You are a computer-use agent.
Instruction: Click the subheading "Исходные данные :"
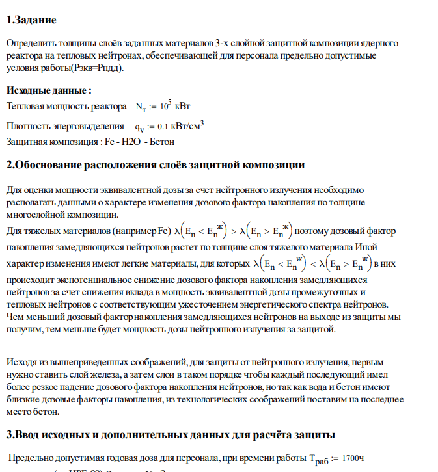[x=49, y=90]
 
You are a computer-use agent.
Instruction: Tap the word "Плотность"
[x=29, y=125]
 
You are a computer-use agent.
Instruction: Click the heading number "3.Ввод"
[x=25, y=434]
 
